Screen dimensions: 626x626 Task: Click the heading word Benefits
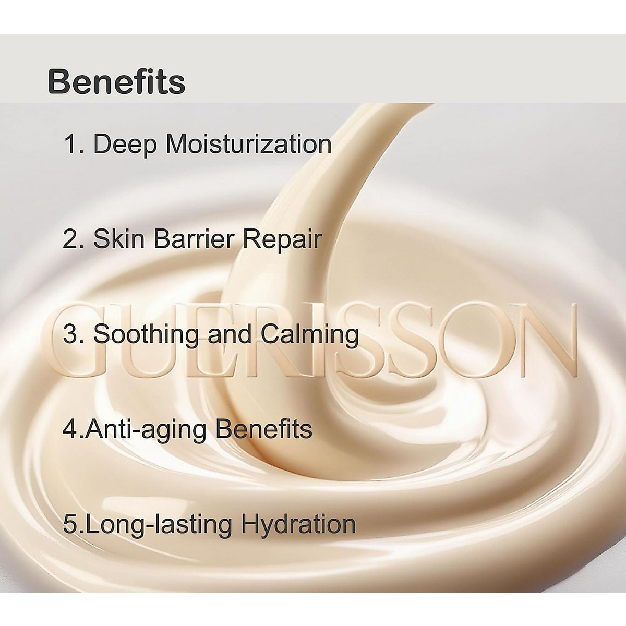point(116,82)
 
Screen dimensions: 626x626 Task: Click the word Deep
point(124,145)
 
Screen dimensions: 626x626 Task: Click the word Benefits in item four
point(264,429)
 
